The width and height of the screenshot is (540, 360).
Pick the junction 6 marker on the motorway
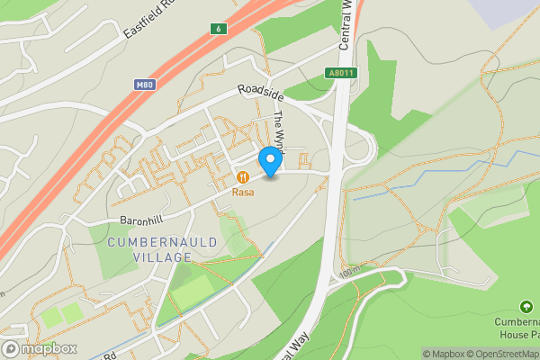tap(217, 30)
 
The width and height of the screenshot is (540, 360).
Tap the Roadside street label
tap(261, 94)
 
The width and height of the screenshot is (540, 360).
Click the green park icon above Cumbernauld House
tap(526, 308)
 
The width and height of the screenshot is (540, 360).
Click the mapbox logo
tap(40, 348)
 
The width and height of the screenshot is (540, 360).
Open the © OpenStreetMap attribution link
tap(500, 354)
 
